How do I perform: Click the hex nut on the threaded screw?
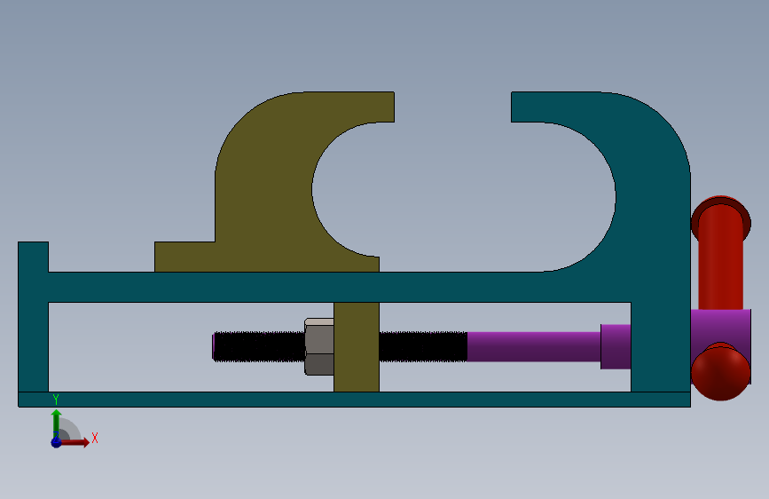319,347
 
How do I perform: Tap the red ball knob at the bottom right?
720,372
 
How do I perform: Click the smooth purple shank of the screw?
534,347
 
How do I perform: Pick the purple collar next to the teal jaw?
616,347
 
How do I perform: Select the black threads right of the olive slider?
423,347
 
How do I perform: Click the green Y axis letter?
56,400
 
